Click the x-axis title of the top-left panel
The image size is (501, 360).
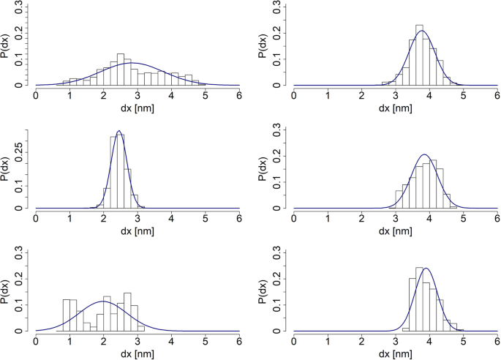point(138,108)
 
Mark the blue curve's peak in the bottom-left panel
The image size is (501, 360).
point(104,301)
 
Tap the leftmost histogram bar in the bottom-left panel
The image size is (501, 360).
point(67,315)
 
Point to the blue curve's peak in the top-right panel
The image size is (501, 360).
point(422,31)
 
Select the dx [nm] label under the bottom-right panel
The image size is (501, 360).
point(395,354)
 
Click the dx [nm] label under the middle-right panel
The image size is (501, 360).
point(395,231)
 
